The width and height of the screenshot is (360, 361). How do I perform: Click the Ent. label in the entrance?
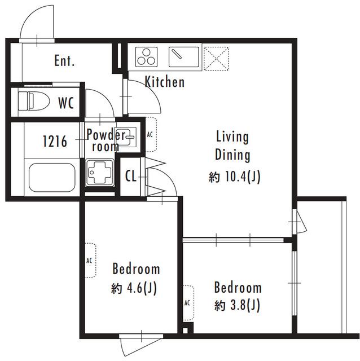point(64,60)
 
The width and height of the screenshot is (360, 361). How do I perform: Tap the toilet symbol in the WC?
point(34,101)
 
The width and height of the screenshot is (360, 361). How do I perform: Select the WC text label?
point(66,103)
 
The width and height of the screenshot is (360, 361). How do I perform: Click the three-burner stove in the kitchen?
point(146,57)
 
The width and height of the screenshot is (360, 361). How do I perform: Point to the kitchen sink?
point(184,57)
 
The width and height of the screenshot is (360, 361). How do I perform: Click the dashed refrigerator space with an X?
point(216,59)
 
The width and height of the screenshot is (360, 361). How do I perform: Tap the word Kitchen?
point(165,82)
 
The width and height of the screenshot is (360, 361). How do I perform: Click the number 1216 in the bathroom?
point(55,141)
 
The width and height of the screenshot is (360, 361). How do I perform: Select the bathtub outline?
point(52,177)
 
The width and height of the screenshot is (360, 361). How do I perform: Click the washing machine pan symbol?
point(100,172)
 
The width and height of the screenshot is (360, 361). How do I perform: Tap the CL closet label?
point(131,176)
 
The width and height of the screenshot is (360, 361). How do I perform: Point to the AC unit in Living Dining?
point(151,134)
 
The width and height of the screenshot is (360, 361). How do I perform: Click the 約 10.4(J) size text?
point(235,177)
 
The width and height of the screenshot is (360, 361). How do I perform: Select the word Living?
point(232,137)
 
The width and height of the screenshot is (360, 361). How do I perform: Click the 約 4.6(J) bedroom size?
point(134,288)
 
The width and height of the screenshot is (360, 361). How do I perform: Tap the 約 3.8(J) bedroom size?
point(237,305)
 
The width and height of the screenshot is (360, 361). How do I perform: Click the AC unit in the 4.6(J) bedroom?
point(90,261)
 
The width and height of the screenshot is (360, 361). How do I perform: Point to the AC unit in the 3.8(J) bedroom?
point(188,303)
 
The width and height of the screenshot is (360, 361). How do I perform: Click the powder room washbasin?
point(127,137)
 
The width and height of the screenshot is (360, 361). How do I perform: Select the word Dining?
point(232,155)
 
